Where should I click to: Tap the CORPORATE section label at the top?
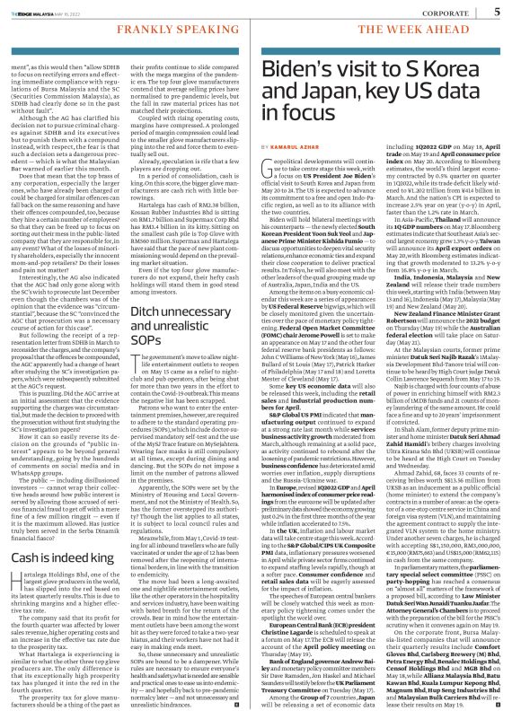pos(451,12)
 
